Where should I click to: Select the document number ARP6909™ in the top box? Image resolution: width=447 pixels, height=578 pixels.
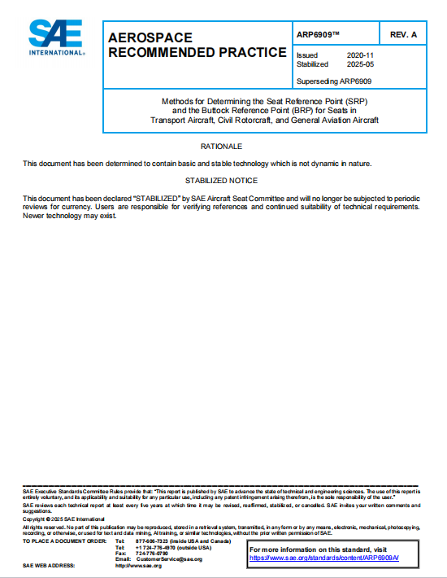click(x=320, y=34)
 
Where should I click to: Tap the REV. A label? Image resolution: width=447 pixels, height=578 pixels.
click(x=403, y=34)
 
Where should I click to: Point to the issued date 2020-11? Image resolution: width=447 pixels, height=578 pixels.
click(x=360, y=55)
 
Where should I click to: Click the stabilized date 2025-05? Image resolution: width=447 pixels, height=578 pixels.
click(x=360, y=63)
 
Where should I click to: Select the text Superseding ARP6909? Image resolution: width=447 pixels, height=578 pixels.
click(x=335, y=81)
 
